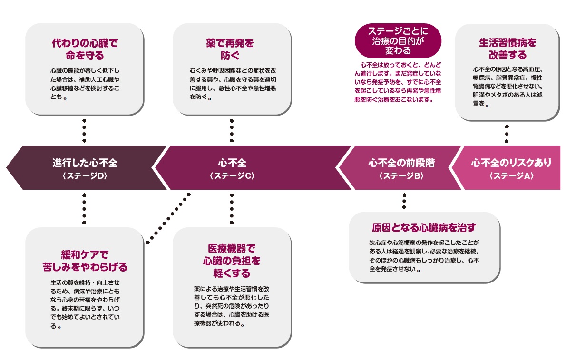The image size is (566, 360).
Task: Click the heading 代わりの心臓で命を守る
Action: click(84, 49)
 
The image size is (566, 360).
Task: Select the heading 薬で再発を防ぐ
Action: click(233, 49)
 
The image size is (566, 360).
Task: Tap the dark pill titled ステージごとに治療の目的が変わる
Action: click(398, 40)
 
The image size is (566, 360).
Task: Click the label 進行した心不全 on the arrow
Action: click(85, 163)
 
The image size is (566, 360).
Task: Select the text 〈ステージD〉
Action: click(85, 175)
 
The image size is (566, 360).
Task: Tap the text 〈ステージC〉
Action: click(232, 175)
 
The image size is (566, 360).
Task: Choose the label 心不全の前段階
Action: click(401, 163)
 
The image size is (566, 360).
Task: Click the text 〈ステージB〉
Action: click(401, 175)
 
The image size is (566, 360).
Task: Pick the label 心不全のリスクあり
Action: click(511, 163)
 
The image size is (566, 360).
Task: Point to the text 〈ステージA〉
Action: click(511, 175)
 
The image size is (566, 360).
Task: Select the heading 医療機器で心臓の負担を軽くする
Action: click(232, 261)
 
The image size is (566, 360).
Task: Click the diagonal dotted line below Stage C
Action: click(168, 218)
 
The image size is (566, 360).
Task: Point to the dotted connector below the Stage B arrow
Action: click(404, 201)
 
